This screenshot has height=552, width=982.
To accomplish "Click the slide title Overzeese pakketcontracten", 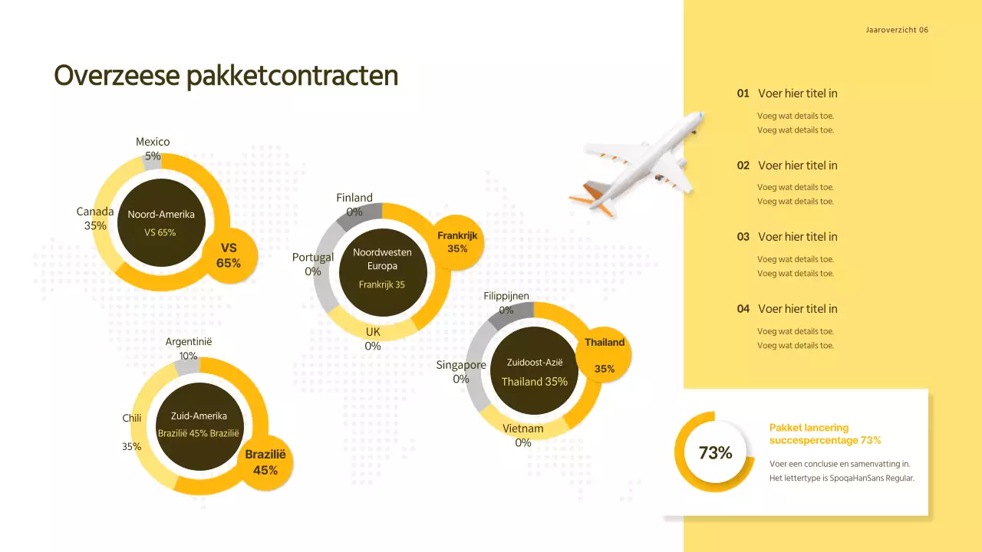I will pos(226,76).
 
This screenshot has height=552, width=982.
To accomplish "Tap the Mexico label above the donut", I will pos(153,142).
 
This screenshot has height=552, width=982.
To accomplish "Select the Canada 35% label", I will pos(95,219).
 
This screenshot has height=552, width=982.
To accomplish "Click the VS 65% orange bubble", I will pos(229,255).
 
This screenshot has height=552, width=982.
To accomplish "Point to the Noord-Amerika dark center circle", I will pos(161,222).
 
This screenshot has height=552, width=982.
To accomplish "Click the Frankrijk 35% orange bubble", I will pos(457,242).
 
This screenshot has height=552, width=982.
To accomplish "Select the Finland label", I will pos(354,198).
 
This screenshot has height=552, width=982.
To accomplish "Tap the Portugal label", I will pos(313,258).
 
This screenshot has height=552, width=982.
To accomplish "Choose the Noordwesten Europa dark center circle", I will pos(382,271).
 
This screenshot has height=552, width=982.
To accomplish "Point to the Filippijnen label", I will pos(506,297).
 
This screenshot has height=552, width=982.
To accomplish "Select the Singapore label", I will pos(461,365).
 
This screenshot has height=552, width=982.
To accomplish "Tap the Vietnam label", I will pos(523,429).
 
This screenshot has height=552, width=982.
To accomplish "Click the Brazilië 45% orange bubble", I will pos(265,462).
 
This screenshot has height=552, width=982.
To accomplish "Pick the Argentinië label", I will pos(189,342).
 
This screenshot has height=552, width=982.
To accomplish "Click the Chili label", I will pos(132,419).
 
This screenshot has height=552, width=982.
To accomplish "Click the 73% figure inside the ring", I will pos(715,453).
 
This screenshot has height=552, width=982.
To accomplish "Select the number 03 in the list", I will pos(743,237).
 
